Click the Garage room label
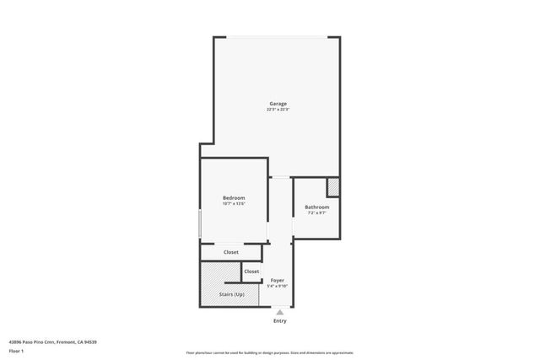coord(278,104)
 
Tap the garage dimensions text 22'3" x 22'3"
coord(278,110)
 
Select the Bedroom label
coord(234,198)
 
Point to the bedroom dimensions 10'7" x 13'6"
coord(234,204)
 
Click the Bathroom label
coord(317,207)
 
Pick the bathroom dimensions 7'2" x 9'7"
coord(317,212)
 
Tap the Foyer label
coord(278,280)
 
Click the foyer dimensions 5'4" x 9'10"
coord(278,286)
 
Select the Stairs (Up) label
coord(232,294)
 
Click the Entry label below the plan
coord(280,321)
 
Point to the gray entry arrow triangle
coord(280,313)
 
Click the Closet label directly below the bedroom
coord(230,252)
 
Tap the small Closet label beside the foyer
coord(251,271)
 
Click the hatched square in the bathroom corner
coord(333,186)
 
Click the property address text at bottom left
coord(53,341)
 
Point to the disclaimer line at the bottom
coord(270,352)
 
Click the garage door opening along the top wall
coord(277,36)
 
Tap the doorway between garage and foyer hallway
coord(281,176)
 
